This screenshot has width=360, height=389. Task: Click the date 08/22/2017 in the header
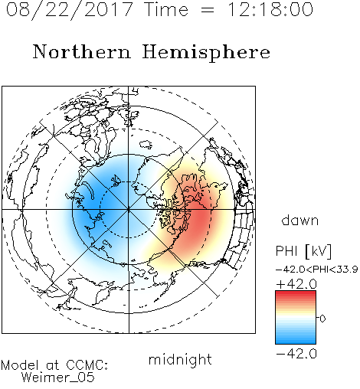[x=70, y=10]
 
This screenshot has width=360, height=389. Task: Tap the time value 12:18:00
[x=270, y=9]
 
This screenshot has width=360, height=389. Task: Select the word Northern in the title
[x=82, y=51]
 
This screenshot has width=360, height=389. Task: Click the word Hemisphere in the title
[x=206, y=53]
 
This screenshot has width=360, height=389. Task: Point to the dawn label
[x=300, y=220]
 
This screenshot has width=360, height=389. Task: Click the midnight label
[x=180, y=360]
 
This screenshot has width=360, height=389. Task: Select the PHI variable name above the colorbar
[x=286, y=251]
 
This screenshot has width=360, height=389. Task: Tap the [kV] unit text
[x=319, y=251]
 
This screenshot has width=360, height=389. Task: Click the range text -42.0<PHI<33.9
[x=316, y=270]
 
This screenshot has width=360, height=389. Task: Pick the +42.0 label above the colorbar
[x=296, y=284]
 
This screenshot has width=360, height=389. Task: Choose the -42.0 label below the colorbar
[x=296, y=354]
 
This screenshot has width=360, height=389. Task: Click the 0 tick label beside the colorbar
[x=322, y=319]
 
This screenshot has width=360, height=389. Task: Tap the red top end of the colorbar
[x=296, y=293]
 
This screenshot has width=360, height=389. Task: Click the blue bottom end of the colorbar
[x=296, y=342]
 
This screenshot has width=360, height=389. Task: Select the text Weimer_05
[x=57, y=378]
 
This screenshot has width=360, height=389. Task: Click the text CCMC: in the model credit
[x=87, y=365]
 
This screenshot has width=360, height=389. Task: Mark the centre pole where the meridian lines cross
[x=129, y=210]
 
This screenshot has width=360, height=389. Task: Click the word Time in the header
[x=166, y=9]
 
